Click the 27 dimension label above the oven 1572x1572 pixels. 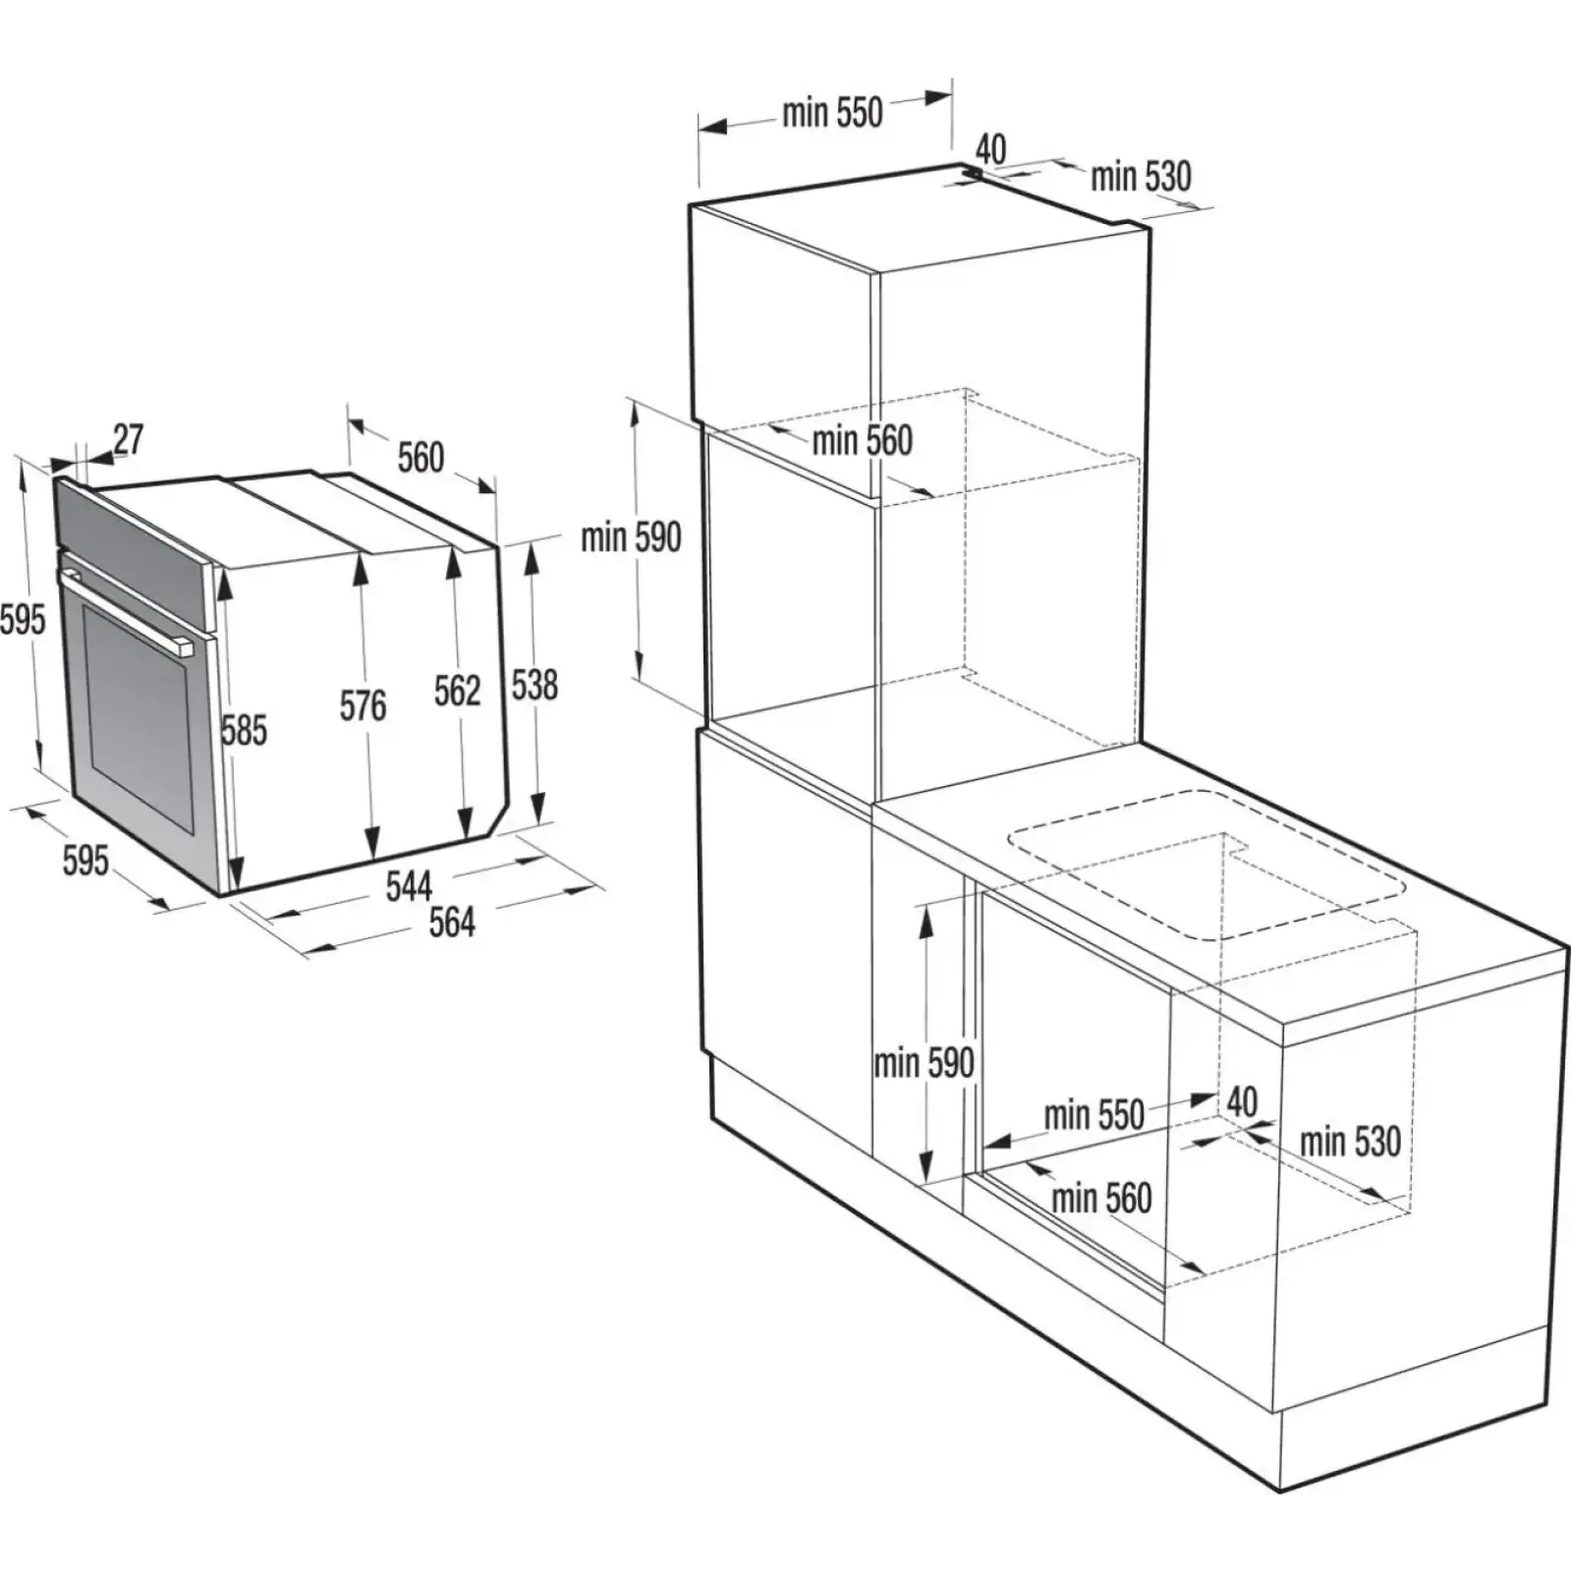click(x=128, y=439)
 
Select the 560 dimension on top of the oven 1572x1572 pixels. click(x=421, y=458)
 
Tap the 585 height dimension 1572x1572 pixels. click(x=244, y=731)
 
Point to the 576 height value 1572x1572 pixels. click(x=363, y=705)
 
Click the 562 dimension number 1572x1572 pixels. click(x=457, y=691)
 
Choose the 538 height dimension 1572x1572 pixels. click(x=534, y=685)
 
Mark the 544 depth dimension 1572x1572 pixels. click(x=409, y=886)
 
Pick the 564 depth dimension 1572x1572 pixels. click(x=451, y=923)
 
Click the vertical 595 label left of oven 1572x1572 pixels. click(x=23, y=620)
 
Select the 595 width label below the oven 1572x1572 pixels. click(x=85, y=861)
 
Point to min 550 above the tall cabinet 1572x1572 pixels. click(x=832, y=113)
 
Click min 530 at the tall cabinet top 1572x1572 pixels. click(x=1141, y=177)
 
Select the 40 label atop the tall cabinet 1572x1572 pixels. click(x=990, y=149)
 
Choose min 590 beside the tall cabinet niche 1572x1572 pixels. click(x=631, y=537)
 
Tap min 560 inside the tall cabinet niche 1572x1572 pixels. click(x=862, y=441)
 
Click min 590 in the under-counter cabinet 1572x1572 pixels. click(x=924, y=1063)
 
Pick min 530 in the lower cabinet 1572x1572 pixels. click(x=1350, y=1142)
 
